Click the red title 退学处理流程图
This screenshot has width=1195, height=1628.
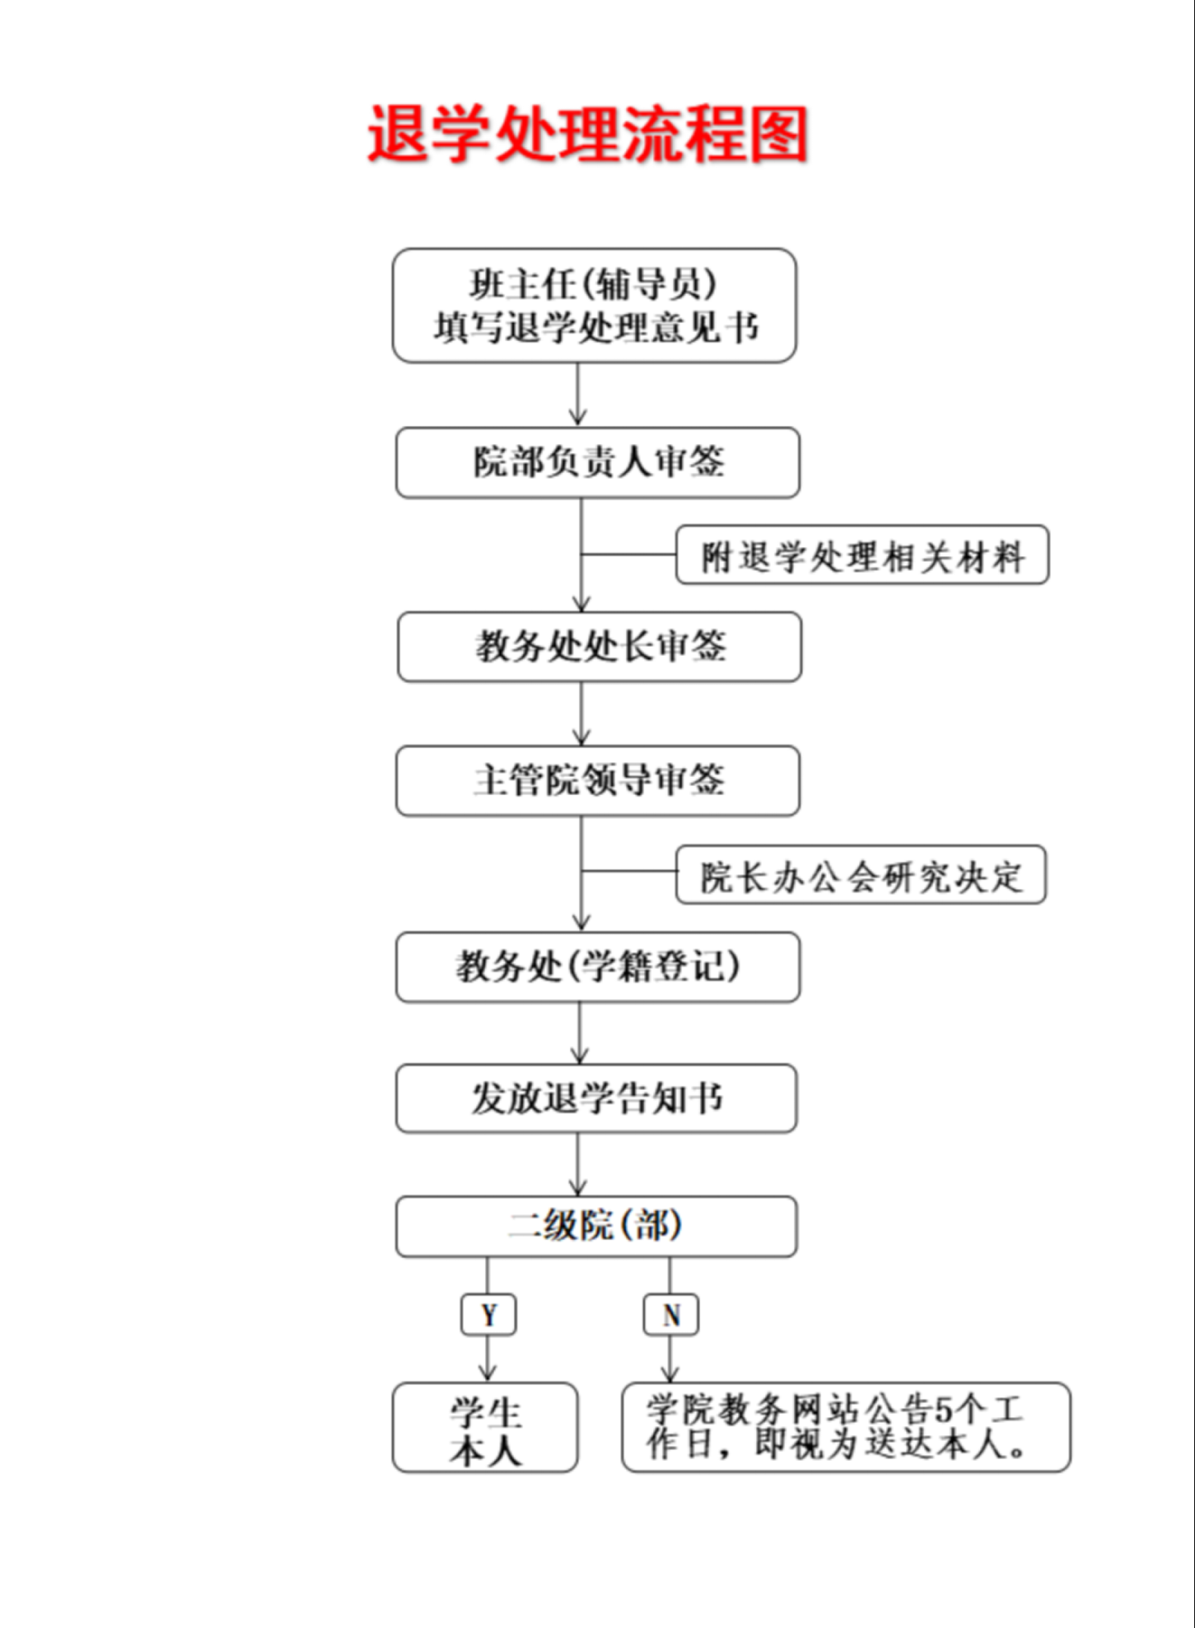(x=587, y=133)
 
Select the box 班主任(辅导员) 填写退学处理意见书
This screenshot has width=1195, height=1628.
(x=594, y=306)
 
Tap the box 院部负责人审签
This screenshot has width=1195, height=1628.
(x=597, y=462)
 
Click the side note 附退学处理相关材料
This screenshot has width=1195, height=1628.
(x=861, y=555)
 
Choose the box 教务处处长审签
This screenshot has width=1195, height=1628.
(x=599, y=647)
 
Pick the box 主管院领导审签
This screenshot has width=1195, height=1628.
(x=597, y=781)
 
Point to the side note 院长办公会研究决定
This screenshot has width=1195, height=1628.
(x=861, y=875)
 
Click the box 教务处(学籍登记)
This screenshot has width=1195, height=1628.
(x=597, y=967)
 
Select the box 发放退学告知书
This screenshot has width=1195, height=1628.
(x=595, y=1098)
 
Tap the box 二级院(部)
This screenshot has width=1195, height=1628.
(x=595, y=1226)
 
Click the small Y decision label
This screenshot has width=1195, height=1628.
(x=488, y=1315)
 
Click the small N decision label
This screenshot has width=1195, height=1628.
(x=670, y=1315)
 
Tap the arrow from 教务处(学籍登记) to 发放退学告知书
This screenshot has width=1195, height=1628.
(x=580, y=1033)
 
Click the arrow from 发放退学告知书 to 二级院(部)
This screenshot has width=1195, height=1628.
(x=578, y=1164)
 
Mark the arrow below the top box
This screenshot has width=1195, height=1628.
(x=578, y=395)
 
